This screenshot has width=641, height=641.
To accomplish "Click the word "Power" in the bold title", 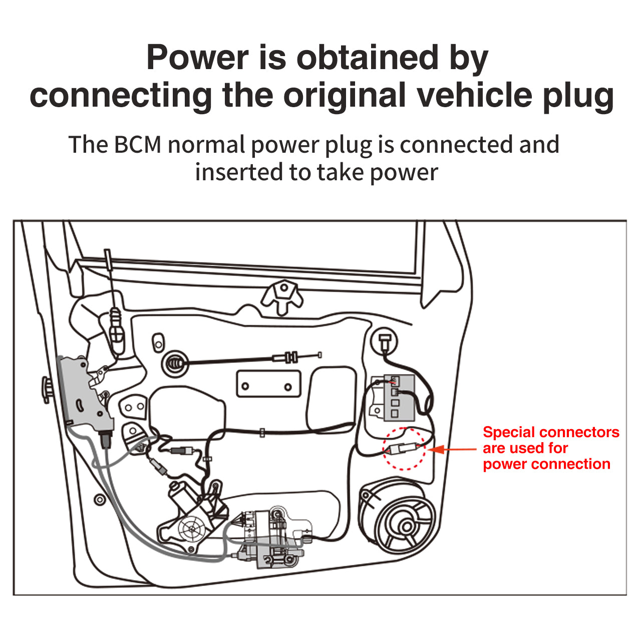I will pyautogui.click(x=197, y=58).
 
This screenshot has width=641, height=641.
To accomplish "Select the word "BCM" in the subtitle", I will pyautogui.click(x=138, y=145).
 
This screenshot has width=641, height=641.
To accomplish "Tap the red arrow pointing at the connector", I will pyautogui.click(x=451, y=449).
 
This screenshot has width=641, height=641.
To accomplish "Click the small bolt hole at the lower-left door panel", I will pyautogui.click(x=100, y=499).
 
